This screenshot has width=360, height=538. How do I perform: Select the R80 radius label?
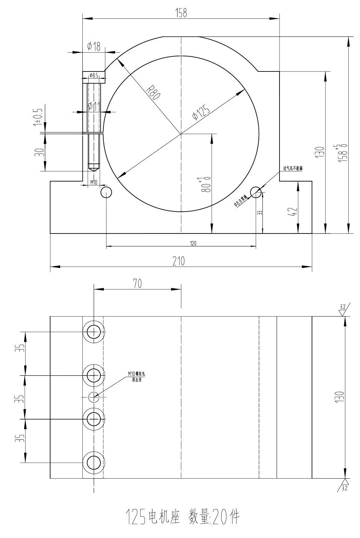pos(153,91)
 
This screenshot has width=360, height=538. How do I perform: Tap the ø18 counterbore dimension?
pos(94,47)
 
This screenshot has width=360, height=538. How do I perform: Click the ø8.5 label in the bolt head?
pos(94,76)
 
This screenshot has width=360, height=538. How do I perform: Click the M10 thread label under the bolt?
pos(93,182)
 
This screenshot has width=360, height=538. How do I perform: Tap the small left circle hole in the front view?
pos(106,192)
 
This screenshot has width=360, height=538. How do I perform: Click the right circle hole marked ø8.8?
pos(256,192)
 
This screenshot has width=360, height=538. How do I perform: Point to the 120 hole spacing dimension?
pos(193,243)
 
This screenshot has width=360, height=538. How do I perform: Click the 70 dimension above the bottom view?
pos(137,284)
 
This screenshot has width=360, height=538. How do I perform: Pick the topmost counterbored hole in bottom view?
pos(94,332)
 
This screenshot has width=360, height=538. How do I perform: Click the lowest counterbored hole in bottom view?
pos(94,462)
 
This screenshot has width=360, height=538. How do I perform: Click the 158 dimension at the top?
pos(181,13)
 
